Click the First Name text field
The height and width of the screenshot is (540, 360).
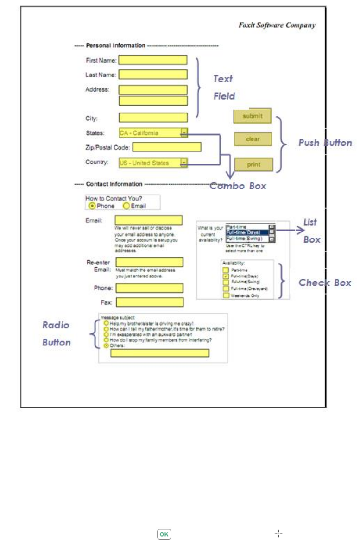point(153,60)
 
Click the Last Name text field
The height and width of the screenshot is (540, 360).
point(153,75)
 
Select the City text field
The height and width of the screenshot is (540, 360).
point(153,118)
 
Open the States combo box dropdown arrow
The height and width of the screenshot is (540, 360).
point(184,133)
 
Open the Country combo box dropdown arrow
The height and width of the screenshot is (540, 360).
point(184,163)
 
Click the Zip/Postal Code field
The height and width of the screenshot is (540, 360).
point(167,147)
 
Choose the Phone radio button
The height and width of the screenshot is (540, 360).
point(92,206)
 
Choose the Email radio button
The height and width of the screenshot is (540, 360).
point(126,206)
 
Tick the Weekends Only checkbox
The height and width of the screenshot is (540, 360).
point(226,295)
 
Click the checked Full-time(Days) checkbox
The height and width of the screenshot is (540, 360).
point(226,276)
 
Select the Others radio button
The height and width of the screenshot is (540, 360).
point(107,345)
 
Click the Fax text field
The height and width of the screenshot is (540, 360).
point(149,302)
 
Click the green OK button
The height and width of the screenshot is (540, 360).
point(164,534)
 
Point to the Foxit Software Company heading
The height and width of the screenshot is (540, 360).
point(277,25)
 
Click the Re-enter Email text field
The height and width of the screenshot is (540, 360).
point(149,263)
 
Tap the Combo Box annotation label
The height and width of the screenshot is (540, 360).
point(238,186)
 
